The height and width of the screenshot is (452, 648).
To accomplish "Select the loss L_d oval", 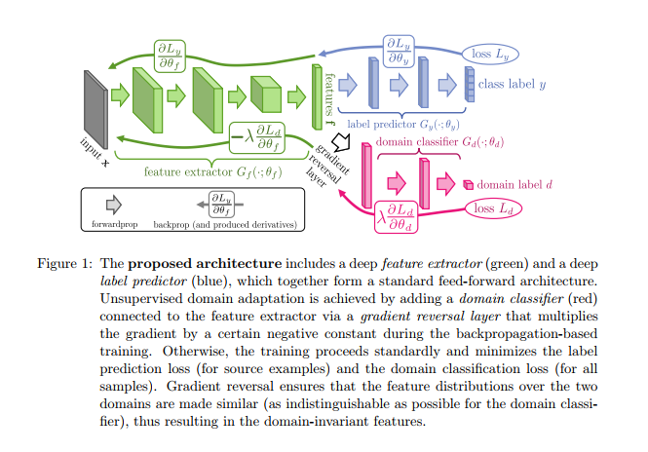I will pos(494,208).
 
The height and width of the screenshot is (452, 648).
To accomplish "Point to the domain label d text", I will pos(515,183).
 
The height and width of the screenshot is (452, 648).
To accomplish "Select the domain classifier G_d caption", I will pos(438,142).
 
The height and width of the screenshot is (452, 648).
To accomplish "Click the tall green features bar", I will pos(316,96).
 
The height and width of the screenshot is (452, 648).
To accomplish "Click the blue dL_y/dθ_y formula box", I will pos(399,51).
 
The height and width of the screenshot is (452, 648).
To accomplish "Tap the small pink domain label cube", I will pos(468,184).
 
